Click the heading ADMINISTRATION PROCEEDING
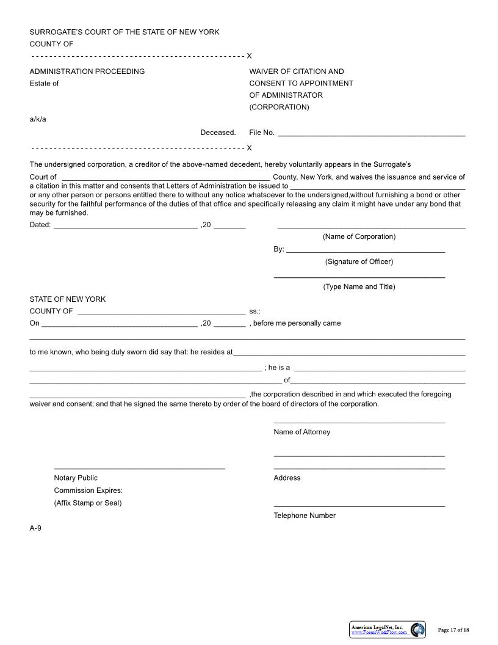coord(87,71)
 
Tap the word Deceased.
coord(218,133)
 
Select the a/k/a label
coord(38,119)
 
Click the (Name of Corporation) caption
coord(359,236)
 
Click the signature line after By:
coord(365,250)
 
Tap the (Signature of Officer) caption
coord(359,261)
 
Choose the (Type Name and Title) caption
coord(359,286)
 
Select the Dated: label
coord(40,225)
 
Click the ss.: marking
coord(254,312)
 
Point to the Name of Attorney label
coord(302,432)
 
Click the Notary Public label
coord(76,478)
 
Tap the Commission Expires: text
coord(88,490)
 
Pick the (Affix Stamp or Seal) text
coord(88,503)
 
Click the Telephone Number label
coord(305,516)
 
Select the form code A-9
coord(35,528)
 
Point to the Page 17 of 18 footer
coord(453,630)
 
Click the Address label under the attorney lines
coord(287,478)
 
